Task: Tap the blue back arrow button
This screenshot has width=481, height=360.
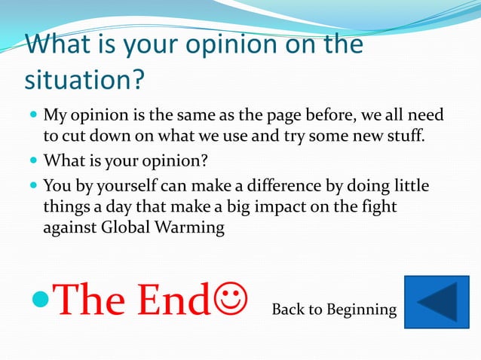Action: click(x=437, y=302)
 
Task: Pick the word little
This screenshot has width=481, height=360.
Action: click(x=418, y=185)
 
